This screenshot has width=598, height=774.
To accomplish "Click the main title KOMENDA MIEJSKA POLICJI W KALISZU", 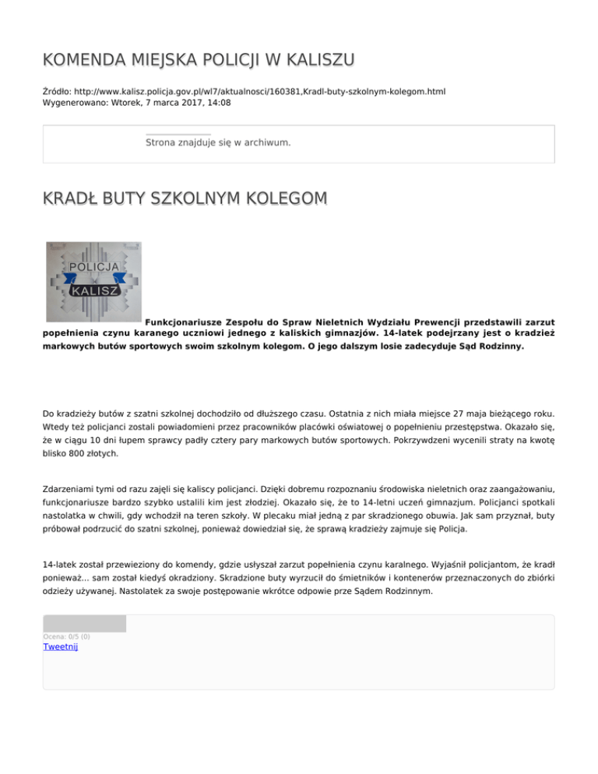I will coord(199,60).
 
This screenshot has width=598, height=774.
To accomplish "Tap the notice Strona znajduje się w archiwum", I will coord(218,142).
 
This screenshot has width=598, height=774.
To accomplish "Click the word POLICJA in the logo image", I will coord(94,267).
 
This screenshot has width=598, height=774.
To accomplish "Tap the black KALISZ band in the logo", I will coord(94,291).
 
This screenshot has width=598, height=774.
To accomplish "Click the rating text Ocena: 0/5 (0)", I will coord(66,636).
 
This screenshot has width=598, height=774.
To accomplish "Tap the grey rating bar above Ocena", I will coord(84,623).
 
